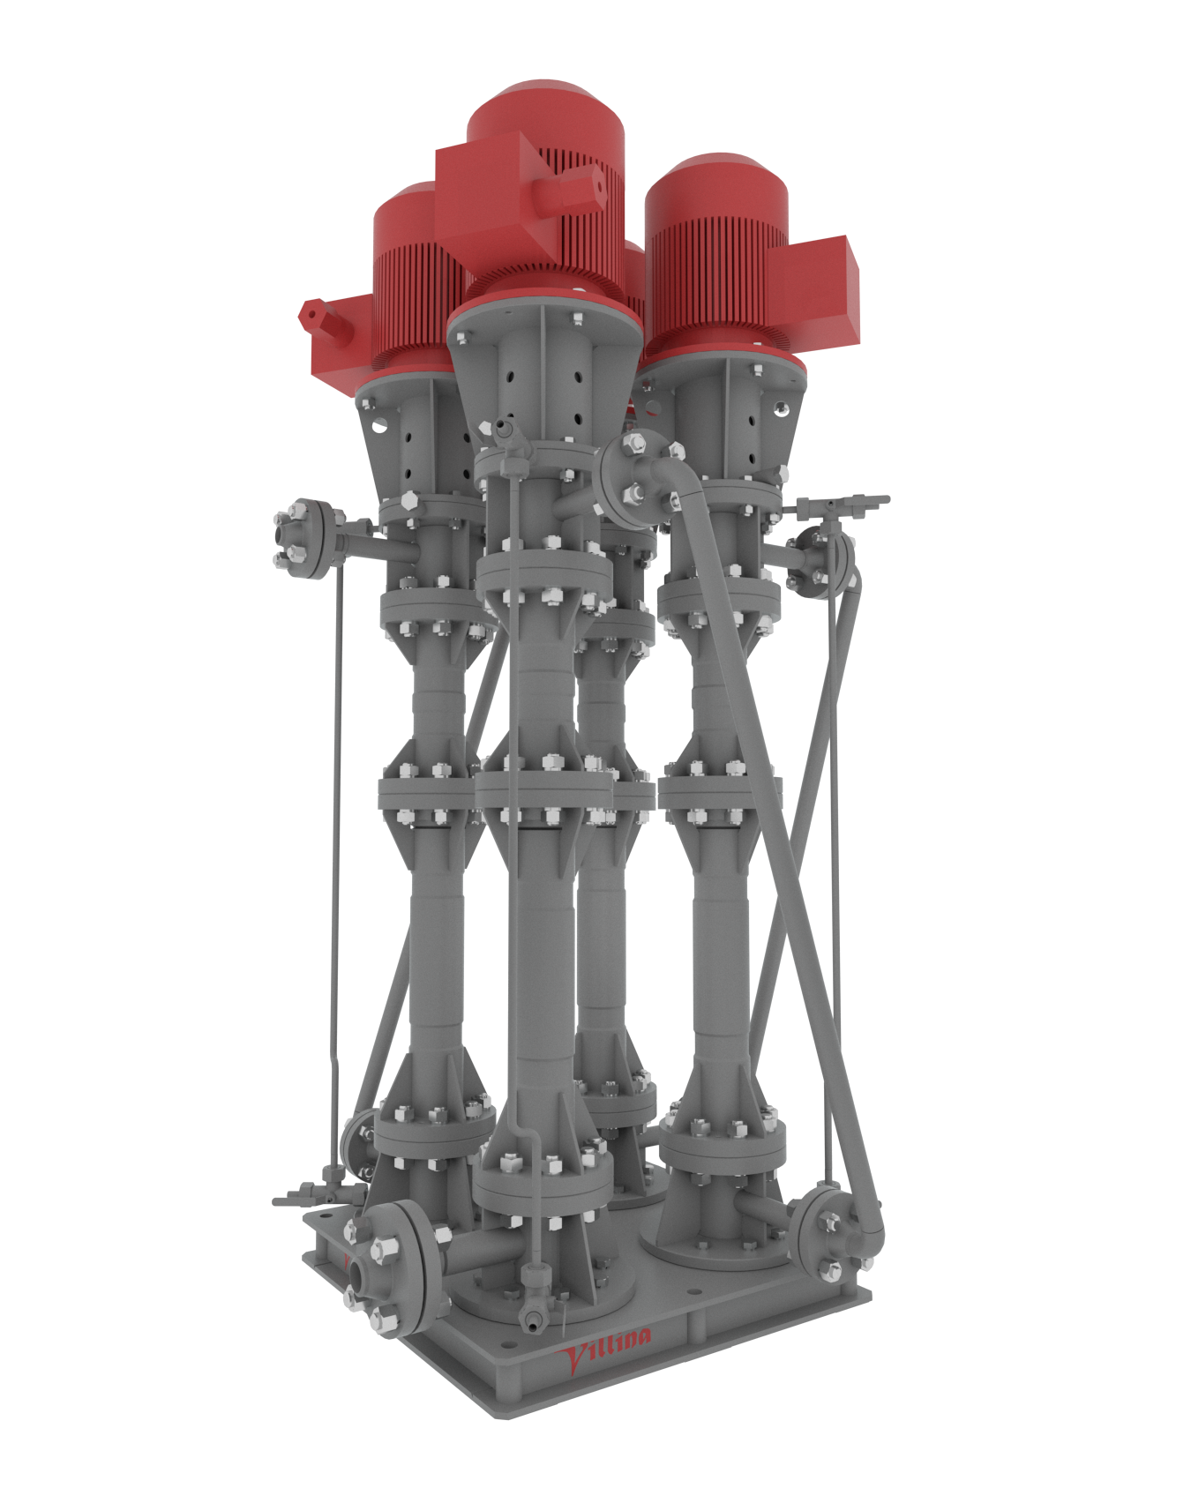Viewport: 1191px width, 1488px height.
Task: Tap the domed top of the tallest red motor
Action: click(x=545, y=110)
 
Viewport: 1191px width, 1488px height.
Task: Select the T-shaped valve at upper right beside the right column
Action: click(x=843, y=505)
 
